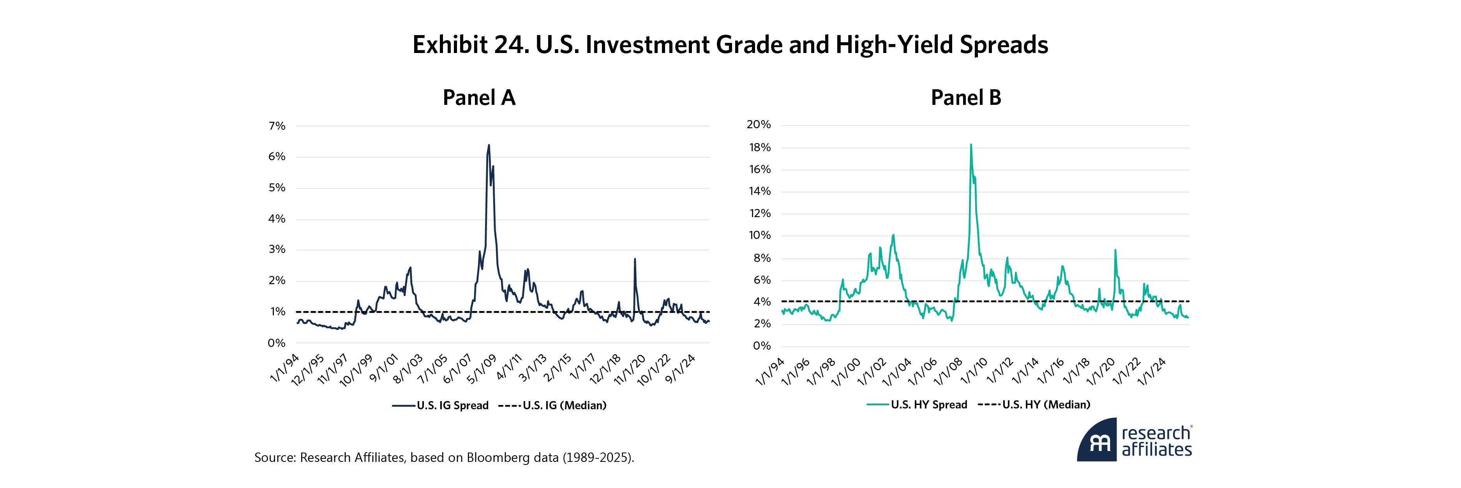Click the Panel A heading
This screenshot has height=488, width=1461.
[479, 97]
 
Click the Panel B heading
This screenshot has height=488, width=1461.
[965, 97]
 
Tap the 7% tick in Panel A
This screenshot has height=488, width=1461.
[277, 126]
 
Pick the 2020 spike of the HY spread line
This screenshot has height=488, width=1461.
[1115, 250]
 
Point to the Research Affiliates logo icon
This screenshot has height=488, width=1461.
[1098, 441]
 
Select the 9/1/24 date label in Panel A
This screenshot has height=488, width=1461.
[680, 369]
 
